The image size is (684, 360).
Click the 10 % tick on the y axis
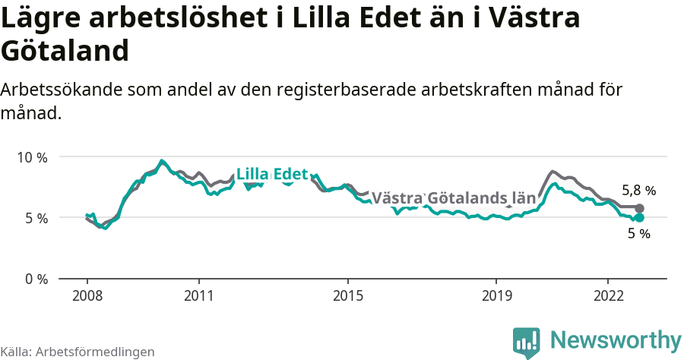pyautogui.click(x=32, y=157)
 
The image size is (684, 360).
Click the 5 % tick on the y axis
pyautogui.click(x=35, y=218)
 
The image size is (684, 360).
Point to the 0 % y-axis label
pyautogui.click(x=35, y=279)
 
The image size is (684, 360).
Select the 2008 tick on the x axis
pyautogui.click(x=87, y=295)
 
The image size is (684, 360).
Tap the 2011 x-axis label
pyautogui.click(x=198, y=295)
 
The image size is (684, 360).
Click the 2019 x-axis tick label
pyautogui.click(x=496, y=295)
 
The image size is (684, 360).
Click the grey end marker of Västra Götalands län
pyautogui.click(x=639, y=208)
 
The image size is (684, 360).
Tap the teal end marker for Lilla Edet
pyautogui.click(x=639, y=218)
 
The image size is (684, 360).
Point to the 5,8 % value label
pyautogui.click(x=638, y=191)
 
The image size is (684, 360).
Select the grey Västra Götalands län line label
pyautogui.click(x=454, y=198)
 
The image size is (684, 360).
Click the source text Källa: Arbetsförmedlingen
pyautogui.click(x=78, y=352)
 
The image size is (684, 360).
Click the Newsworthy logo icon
pyautogui.click(x=526, y=343)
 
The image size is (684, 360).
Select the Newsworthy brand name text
pyautogui.click(x=616, y=340)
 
